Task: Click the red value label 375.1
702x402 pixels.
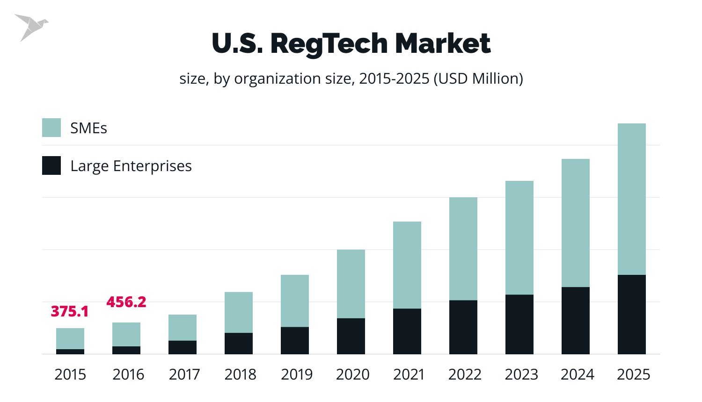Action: tap(69, 311)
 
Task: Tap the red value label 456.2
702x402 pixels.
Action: tap(126, 302)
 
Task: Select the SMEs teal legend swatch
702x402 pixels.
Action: tap(51, 128)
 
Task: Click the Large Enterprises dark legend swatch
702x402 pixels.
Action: tap(51, 165)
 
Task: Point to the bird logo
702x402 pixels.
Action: tap(30, 27)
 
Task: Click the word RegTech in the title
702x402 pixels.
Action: tap(329, 44)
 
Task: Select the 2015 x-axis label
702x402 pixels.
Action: tap(70, 374)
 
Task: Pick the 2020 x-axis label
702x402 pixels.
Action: tap(353, 374)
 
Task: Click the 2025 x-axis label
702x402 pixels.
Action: tap(634, 374)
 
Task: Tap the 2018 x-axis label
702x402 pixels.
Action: tap(241, 374)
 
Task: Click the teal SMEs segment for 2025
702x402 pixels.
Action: tap(632, 199)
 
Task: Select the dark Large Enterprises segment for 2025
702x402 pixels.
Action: tap(632, 314)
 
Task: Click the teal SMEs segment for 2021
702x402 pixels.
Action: tap(407, 265)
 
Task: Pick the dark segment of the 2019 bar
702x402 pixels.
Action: tap(295, 340)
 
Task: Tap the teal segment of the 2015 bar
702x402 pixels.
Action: tap(70, 338)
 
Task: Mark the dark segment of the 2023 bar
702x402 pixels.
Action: tap(519, 324)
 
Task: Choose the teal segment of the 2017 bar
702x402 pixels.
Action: tap(183, 327)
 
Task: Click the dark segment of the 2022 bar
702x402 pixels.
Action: tap(463, 327)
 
